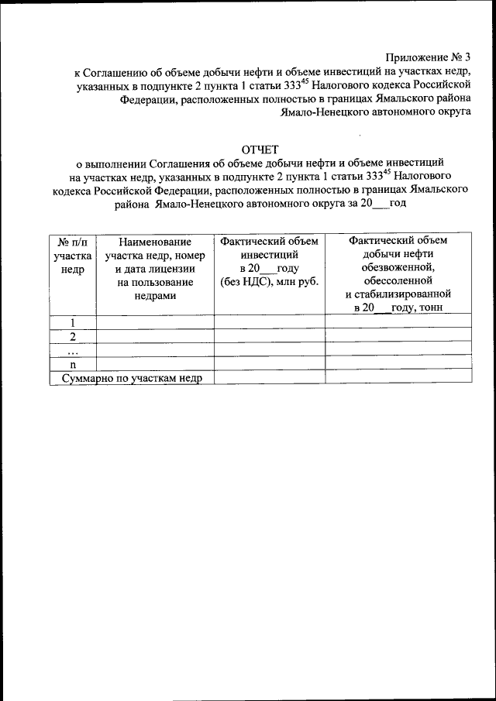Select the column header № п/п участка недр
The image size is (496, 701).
pyautogui.click(x=72, y=254)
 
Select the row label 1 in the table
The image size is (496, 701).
pyautogui.click(x=72, y=321)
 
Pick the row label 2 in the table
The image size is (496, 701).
pyautogui.click(x=72, y=335)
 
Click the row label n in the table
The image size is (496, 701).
pyautogui.click(x=72, y=363)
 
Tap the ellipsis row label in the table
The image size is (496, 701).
pyautogui.click(x=72, y=349)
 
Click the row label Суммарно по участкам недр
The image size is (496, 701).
pyautogui.click(x=132, y=377)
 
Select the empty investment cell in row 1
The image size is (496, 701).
pyautogui.click(x=269, y=321)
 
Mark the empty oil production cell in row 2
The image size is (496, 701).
pyautogui.click(x=398, y=335)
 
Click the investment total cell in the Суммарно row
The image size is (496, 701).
pyautogui.click(x=269, y=377)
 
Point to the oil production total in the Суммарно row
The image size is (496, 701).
pyautogui.click(x=398, y=377)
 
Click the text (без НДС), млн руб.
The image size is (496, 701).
pyautogui.click(x=269, y=281)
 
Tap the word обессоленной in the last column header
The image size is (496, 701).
pyautogui.click(x=398, y=281)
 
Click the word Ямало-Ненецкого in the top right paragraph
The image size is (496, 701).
pyautogui.click(x=323, y=112)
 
